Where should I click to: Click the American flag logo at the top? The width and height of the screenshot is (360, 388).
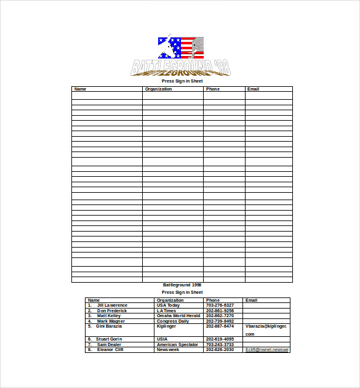[180, 47]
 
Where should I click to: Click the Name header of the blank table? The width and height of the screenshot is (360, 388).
[81, 89]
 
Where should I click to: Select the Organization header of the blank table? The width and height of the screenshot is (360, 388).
[158, 89]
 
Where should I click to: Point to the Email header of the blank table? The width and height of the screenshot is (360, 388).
[253, 89]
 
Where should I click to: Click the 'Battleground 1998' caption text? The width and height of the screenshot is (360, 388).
[182, 285]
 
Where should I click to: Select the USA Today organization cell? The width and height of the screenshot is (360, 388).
[168, 305]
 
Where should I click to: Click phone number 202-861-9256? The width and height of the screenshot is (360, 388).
[220, 311]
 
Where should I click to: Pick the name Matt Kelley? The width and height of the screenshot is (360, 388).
[109, 316]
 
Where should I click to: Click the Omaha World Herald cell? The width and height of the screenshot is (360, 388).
[178, 316]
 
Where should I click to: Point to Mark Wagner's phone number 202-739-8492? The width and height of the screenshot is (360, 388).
[220, 321]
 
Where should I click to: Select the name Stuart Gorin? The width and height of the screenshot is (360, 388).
[109, 339]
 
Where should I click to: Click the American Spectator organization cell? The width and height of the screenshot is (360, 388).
[177, 345]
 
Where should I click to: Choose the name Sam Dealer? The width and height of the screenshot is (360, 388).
[109, 345]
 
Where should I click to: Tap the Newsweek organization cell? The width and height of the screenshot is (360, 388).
[168, 350]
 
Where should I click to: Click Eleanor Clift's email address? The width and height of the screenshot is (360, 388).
[267, 350]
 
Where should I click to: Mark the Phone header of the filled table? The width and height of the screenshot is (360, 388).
[213, 301]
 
